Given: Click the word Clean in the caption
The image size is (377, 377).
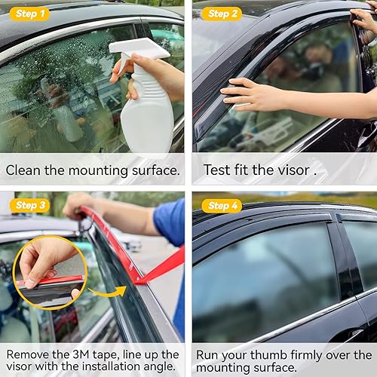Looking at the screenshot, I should (23, 170).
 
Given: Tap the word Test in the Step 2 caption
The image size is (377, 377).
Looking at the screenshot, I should (216, 170).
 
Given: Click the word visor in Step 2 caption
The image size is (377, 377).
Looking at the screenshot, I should (290, 170).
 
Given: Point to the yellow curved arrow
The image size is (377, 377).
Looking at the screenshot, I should (106, 291).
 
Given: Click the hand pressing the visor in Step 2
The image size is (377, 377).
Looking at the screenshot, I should (249, 94).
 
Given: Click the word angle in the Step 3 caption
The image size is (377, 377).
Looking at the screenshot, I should (161, 369).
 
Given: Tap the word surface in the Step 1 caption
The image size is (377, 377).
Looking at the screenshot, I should (155, 170).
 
